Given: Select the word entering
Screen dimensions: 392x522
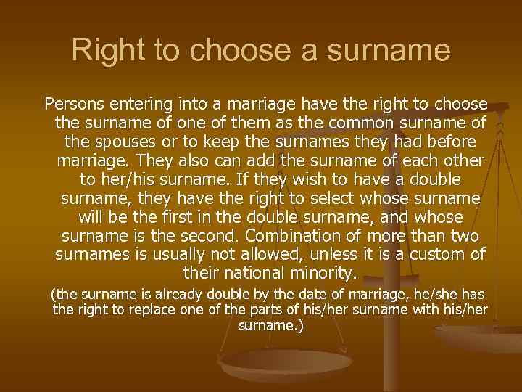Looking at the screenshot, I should [x=132, y=103].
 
